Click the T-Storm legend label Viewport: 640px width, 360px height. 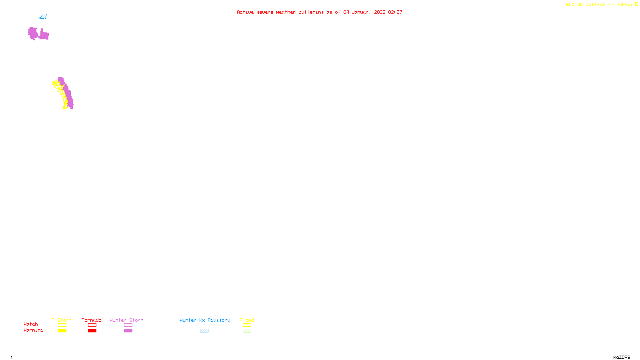pyautogui.click(x=62, y=320)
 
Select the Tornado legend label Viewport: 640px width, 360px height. pyautogui.click(x=92, y=320)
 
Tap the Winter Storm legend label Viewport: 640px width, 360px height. pyautogui.click(x=126, y=320)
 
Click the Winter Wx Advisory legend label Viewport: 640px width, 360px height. pyautogui.click(x=205, y=320)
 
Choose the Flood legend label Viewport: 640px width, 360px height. pyautogui.click(x=247, y=320)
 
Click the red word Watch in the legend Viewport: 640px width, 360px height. pyautogui.click(x=31, y=324)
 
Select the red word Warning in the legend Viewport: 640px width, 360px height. pyautogui.click(x=34, y=330)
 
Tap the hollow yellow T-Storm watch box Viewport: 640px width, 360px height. pyautogui.click(x=62, y=325)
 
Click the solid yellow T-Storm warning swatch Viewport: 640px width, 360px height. pyautogui.click(x=62, y=331)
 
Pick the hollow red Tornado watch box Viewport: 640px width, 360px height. pyautogui.click(x=92, y=325)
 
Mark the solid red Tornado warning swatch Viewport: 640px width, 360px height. pyautogui.click(x=92, y=331)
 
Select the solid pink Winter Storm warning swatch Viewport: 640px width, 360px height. pyautogui.click(x=128, y=331)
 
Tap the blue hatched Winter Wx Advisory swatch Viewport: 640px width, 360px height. pyautogui.click(x=204, y=331)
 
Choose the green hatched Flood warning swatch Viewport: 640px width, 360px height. pyautogui.click(x=247, y=331)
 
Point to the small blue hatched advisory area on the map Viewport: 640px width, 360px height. pyautogui.click(x=43, y=17)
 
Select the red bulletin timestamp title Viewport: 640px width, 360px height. pyautogui.click(x=320, y=12)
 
